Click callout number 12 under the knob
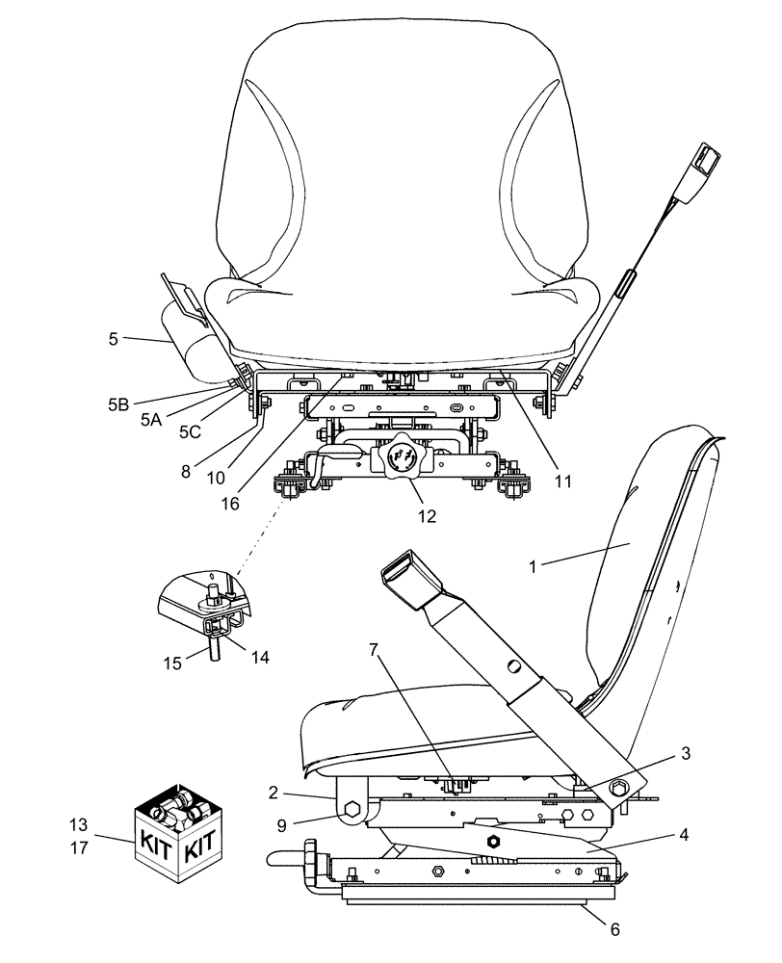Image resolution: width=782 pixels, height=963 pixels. click(427, 516)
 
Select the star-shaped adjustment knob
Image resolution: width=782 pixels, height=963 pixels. click(400, 456)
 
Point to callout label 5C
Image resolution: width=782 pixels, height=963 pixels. click(189, 432)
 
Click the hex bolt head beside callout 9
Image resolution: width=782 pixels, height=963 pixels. click(352, 812)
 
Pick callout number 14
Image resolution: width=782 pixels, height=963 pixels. click(259, 658)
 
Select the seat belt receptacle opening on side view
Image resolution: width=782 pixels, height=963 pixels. click(403, 573)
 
